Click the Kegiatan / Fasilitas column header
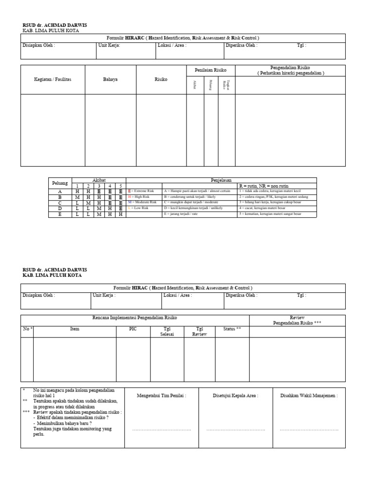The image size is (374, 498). [x=53, y=79]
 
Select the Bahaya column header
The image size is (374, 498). [x=111, y=79]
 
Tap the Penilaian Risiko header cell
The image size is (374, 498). [x=211, y=70]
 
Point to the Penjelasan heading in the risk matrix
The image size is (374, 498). [x=221, y=180]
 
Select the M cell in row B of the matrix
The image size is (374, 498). [x=77, y=196]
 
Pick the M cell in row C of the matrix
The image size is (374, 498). [x=88, y=202]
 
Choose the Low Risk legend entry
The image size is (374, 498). [x=141, y=208]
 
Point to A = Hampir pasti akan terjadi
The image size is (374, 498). [x=197, y=191]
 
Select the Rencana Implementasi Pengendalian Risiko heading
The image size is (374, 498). [x=135, y=318]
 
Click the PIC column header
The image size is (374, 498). [x=132, y=329]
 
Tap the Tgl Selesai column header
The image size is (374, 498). [x=167, y=332]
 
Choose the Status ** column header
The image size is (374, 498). [x=232, y=329]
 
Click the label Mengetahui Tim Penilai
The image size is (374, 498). [x=161, y=396]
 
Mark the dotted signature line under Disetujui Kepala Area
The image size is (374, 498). [x=236, y=430]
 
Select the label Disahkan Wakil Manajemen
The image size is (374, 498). [x=309, y=396]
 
